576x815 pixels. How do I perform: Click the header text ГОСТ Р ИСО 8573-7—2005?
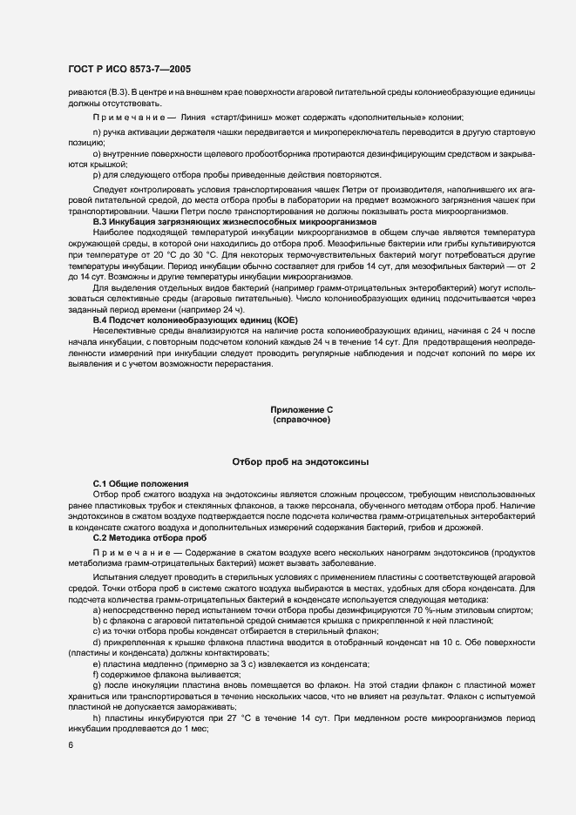131,68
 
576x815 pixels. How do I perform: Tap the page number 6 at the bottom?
71,746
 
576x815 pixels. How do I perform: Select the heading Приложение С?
302,409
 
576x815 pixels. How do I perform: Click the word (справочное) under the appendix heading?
302,420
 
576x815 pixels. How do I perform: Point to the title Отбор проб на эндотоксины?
301,461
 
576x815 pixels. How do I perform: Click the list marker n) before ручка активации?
97,131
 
